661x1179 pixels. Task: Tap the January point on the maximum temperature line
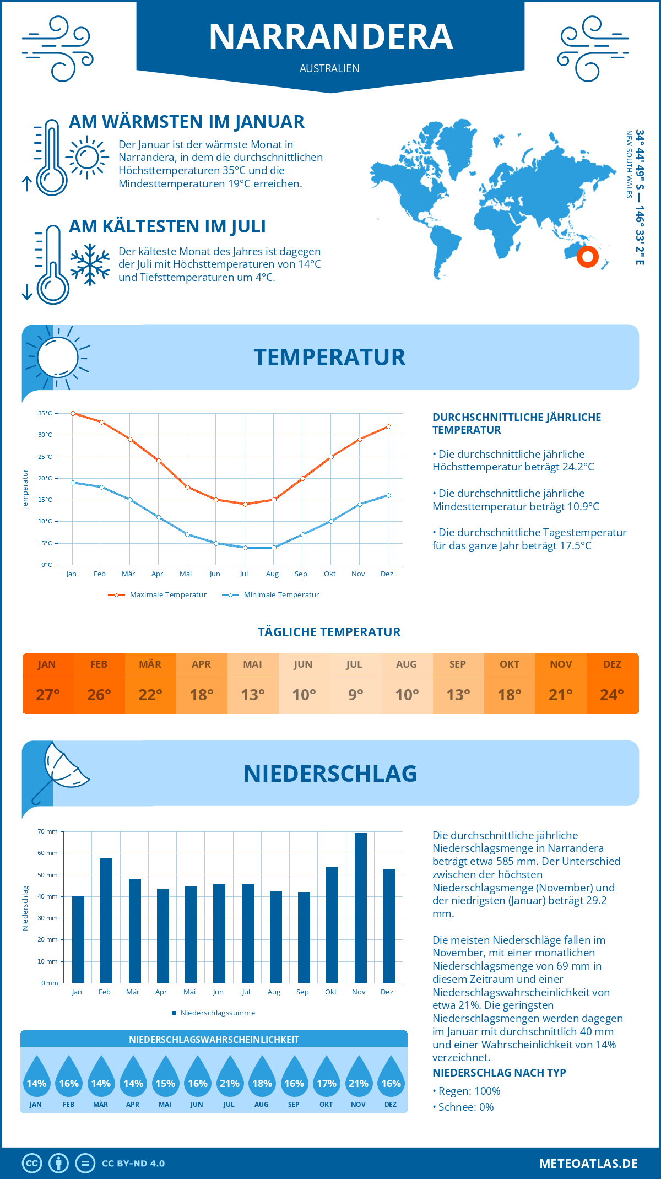point(73,413)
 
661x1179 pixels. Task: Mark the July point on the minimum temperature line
point(245,548)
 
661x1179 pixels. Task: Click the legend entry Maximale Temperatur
point(158,595)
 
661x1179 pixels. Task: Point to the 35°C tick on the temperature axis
point(45,413)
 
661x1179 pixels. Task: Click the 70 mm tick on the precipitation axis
point(48,831)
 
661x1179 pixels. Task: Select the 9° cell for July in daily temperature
point(355,695)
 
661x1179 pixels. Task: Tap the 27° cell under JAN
point(47,695)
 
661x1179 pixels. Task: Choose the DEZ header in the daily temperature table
point(612,664)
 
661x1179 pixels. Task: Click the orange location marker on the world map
point(588,256)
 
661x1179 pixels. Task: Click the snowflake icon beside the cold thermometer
point(90,264)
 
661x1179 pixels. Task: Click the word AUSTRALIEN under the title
point(329,68)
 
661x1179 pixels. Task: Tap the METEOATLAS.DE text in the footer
point(588,1164)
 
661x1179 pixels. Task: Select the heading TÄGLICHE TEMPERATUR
point(329,632)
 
